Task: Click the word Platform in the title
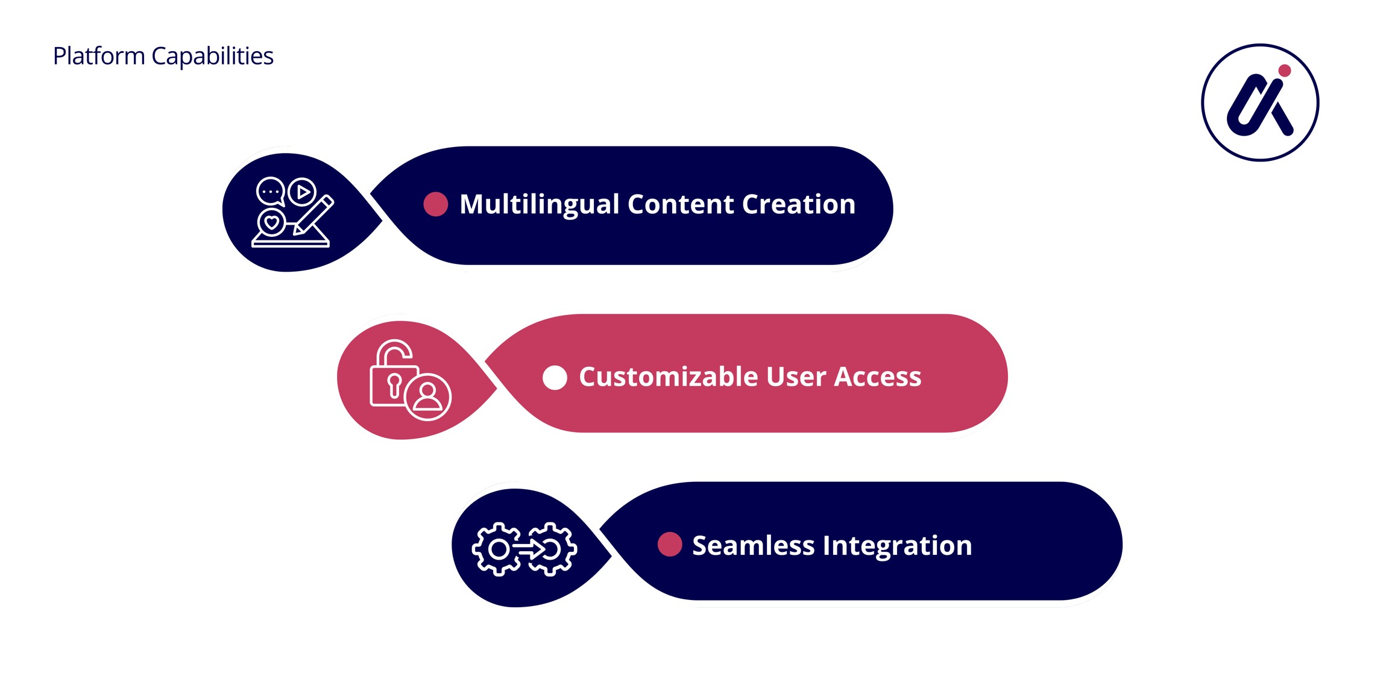coord(99,56)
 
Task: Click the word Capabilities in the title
coord(212,56)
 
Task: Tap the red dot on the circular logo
coord(1284,70)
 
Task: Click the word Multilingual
coord(540,204)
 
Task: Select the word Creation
coord(798,204)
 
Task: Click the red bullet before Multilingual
coord(435,204)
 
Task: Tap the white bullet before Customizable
coord(555,378)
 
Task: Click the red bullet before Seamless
coord(669,544)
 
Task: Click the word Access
coord(878,377)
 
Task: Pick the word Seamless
coord(753,545)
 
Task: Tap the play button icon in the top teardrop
coord(303,192)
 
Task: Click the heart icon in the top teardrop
coord(271,223)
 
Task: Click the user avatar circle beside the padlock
coord(428,396)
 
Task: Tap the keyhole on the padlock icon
coord(394,384)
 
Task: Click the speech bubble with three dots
coord(270,192)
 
